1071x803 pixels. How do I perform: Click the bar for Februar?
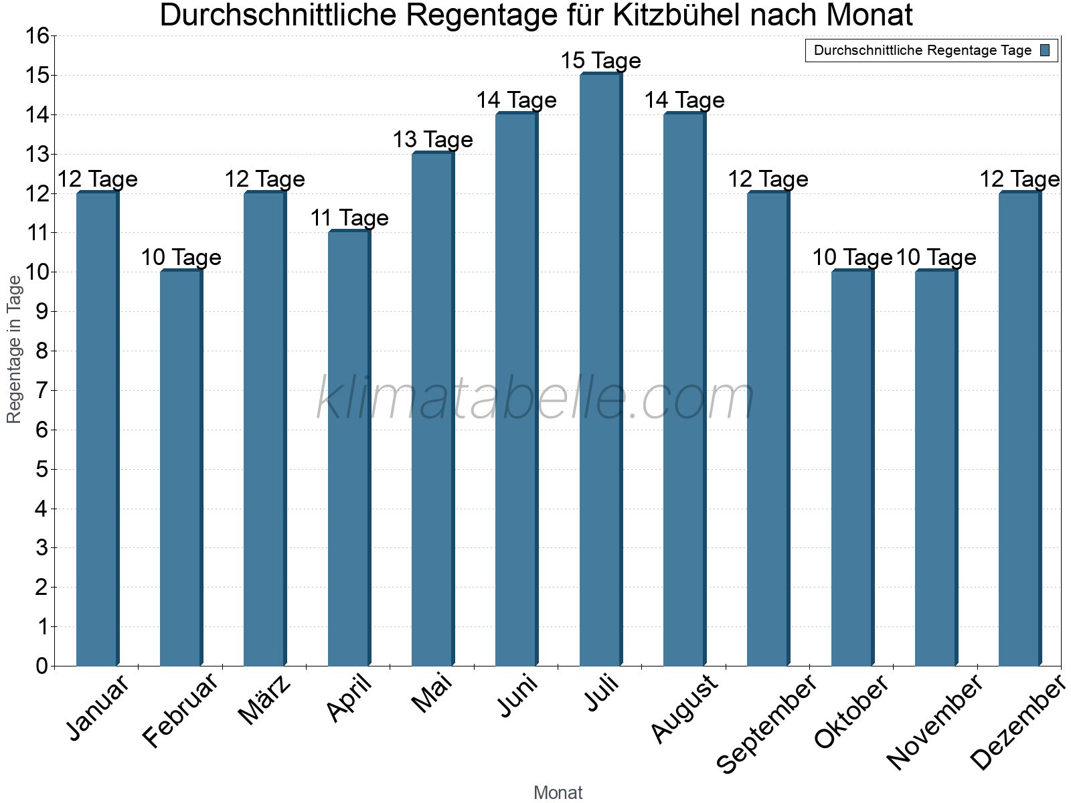pyautogui.click(x=181, y=468)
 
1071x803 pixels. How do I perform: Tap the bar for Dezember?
pyautogui.click(x=1019, y=428)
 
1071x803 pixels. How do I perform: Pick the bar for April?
pyautogui.click(x=349, y=448)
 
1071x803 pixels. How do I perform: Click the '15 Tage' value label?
pyautogui.click(x=600, y=61)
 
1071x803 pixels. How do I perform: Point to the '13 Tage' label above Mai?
pyautogui.click(x=432, y=140)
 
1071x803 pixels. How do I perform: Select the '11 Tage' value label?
pyautogui.click(x=349, y=218)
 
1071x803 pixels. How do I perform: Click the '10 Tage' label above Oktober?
pyautogui.click(x=851, y=258)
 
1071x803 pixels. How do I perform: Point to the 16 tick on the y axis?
pyautogui.click(x=37, y=36)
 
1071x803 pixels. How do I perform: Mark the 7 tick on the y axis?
pyautogui.click(x=42, y=390)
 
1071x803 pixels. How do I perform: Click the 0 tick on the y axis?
pyautogui.click(x=42, y=666)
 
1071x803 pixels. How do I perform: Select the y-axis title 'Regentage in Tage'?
pyautogui.click(x=14, y=349)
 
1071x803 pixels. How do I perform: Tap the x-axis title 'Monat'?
pyautogui.click(x=558, y=792)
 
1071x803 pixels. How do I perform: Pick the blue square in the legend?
pyautogui.click(x=1045, y=50)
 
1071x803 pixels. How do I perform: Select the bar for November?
pyautogui.click(x=936, y=468)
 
